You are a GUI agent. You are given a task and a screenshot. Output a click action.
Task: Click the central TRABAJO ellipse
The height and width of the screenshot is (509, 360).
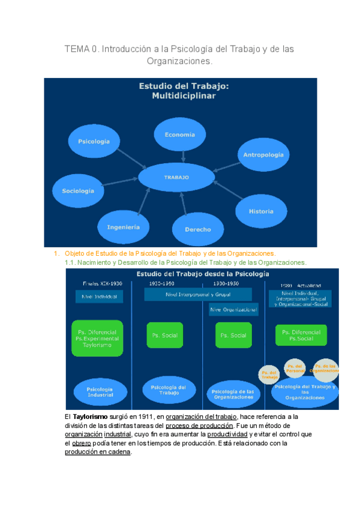(x=176, y=177)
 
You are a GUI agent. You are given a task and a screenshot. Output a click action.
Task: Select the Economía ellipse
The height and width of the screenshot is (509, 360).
(x=180, y=134)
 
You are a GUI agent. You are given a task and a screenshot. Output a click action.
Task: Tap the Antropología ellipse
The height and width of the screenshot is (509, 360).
(x=263, y=155)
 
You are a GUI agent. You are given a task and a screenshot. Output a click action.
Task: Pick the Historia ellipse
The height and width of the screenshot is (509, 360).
(x=261, y=211)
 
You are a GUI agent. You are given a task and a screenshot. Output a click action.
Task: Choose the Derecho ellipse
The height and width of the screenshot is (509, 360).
(x=198, y=229)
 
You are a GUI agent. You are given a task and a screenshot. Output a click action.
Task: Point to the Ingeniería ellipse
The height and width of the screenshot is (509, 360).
(x=124, y=227)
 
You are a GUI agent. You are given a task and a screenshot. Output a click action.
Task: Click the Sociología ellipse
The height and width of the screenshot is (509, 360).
(x=78, y=191)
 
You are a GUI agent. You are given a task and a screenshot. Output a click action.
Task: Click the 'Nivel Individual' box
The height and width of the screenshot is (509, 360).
(x=99, y=297)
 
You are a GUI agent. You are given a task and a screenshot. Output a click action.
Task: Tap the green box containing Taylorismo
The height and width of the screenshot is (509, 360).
(x=97, y=338)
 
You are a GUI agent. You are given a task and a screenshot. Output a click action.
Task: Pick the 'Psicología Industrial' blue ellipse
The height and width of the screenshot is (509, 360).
(x=100, y=391)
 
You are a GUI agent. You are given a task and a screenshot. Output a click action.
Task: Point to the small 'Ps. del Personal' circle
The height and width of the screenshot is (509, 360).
(x=295, y=369)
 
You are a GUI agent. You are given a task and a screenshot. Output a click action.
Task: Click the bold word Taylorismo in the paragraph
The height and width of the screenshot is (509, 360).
(x=89, y=417)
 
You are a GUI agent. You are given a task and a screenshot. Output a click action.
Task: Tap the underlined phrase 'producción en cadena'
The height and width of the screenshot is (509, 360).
(x=97, y=452)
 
